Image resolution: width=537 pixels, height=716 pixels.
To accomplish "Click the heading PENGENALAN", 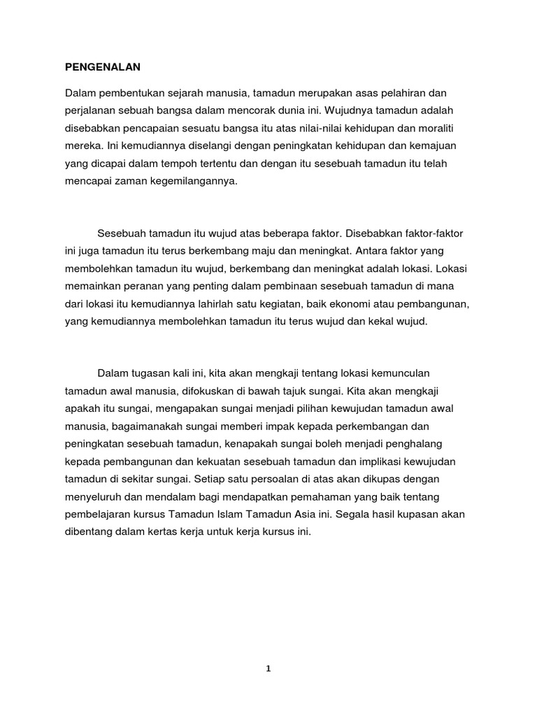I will (x=103, y=67).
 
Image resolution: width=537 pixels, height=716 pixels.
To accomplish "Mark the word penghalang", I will (x=412, y=445).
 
